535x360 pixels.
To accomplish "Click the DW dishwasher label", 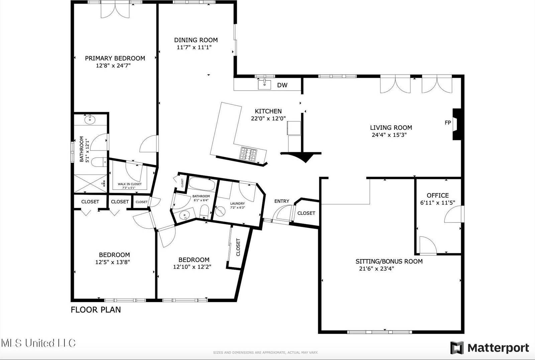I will [282, 85].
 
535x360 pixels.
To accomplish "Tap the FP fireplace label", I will [448, 123].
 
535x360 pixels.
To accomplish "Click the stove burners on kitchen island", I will [248, 154].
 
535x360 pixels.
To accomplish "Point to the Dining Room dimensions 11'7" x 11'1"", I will [194, 48].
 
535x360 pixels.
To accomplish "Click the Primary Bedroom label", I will [115, 58].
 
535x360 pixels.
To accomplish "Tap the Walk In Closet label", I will [129, 184].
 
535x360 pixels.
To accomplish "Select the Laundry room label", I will [237, 203].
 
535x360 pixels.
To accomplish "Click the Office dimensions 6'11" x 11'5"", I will [437, 203].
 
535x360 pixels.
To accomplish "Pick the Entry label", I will [282, 201].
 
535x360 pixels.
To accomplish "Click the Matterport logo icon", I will [457, 348].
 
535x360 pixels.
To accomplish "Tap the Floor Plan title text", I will [96, 310].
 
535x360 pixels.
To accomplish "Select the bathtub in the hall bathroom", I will [202, 184].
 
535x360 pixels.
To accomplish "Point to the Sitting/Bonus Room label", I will [389, 261].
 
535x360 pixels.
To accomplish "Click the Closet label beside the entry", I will [306, 213].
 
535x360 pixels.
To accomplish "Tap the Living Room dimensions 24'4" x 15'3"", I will [389, 135].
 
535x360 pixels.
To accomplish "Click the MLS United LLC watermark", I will [38, 343].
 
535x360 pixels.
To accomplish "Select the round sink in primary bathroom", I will [90, 119].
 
